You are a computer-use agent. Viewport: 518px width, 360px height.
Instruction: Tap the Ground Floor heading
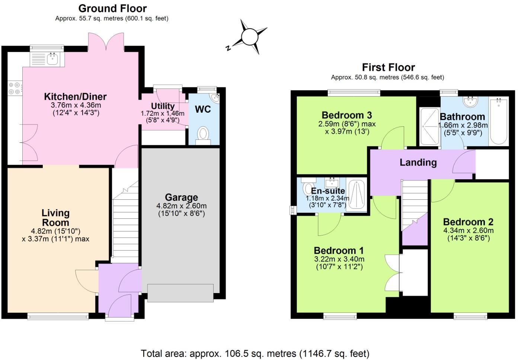click(x=112, y=8)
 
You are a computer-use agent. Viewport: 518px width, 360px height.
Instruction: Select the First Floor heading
click(x=388, y=67)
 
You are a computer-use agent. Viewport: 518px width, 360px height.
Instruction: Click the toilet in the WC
click(x=203, y=134)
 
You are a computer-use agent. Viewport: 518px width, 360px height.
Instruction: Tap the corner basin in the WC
click(x=215, y=97)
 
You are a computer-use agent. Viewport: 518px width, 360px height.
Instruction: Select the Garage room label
click(x=181, y=197)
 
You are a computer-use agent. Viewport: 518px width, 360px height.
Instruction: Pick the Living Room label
click(x=55, y=218)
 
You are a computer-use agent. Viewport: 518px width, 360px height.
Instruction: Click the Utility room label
click(x=163, y=106)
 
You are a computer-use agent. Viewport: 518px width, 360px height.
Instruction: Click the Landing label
click(x=418, y=162)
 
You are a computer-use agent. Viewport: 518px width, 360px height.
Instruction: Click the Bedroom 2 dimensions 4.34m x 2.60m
click(x=468, y=231)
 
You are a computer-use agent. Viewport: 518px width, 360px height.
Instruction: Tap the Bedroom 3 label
click(x=346, y=115)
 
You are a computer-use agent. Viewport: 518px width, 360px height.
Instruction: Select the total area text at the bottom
click(x=255, y=353)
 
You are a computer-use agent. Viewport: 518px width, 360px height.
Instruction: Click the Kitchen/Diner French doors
click(x=106, y=42)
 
